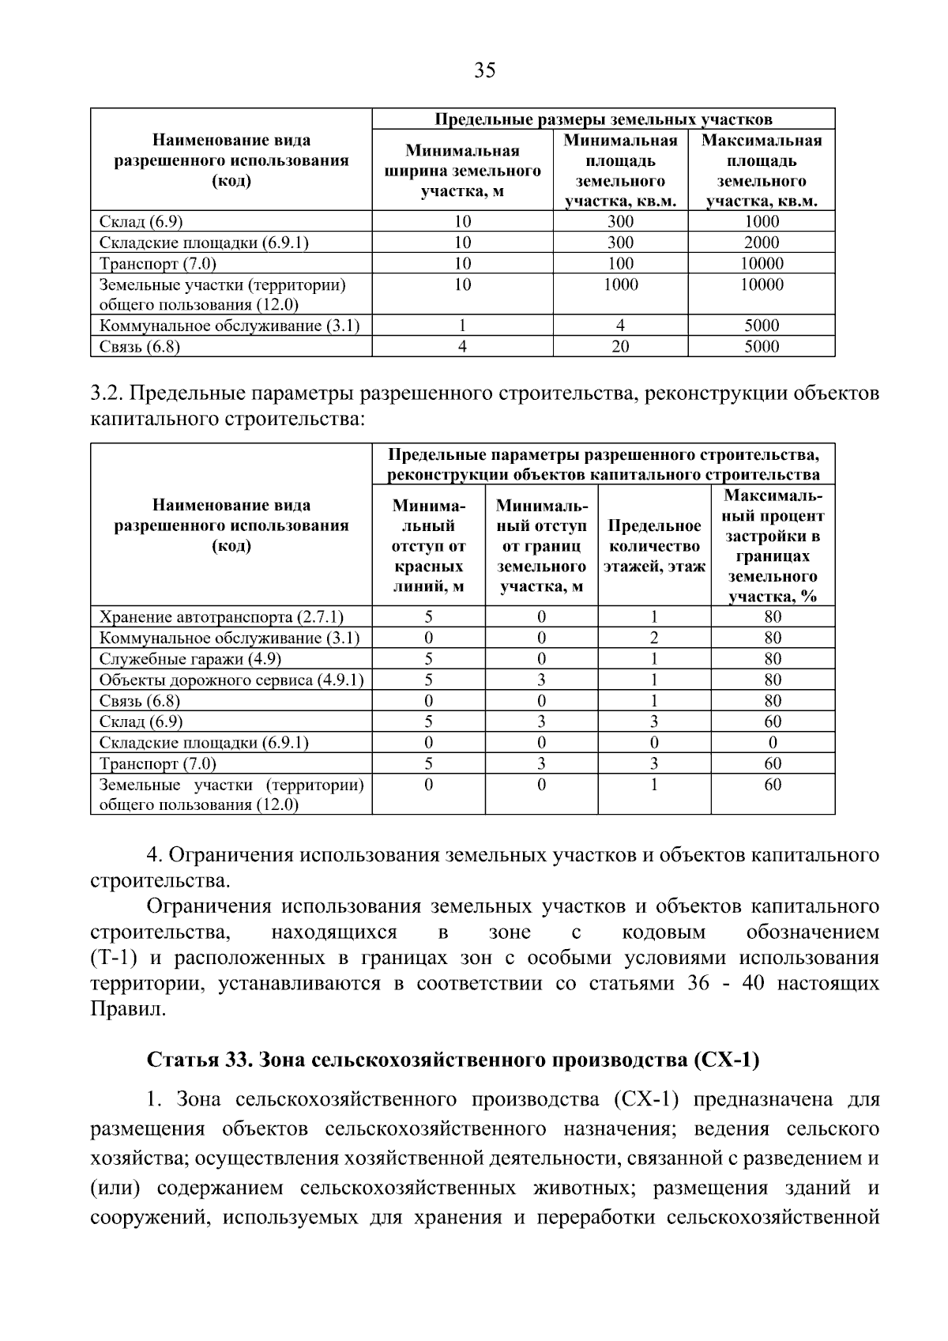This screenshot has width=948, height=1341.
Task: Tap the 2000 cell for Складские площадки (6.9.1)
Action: [x=761, y=243]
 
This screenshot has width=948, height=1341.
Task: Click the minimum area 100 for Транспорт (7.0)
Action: [x=620, y=264]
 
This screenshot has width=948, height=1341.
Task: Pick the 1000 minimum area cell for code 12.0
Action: [x=620, y=285]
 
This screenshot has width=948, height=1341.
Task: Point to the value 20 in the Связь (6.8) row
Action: [x=620, y=347]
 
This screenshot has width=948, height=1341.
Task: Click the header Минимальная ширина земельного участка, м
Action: [x=462, y=171]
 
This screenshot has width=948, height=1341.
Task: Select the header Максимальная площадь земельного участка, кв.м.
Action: [x=761, y=171]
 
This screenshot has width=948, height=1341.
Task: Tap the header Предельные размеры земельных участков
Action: [x=604, y=119]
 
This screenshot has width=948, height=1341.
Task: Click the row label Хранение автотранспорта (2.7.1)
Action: [x=221, y=617]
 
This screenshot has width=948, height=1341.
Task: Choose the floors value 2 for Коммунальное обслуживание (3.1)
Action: [x=654, y=638]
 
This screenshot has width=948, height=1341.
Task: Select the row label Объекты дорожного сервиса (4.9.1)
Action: [x=231, y=680]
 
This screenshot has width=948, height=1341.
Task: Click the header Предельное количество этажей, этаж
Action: [x=654, y=546]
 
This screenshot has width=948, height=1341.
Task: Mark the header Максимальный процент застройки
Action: [x=773, y=546]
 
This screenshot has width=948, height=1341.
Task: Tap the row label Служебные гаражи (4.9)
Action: [x=190, y=659]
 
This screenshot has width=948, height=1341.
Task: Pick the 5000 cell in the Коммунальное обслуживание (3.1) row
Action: [x=761, y=326]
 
